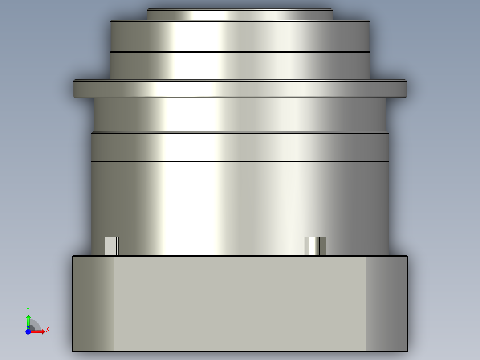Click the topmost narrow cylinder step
click(x=240, y=15)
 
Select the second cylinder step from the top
click(x=240, y=36)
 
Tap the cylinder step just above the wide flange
click(x=240, y=66)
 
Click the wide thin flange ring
click(x=240, y=88)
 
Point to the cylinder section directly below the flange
click(x=240, y=114)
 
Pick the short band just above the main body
click(x=240, y=147)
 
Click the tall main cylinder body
click(x=240, y=200)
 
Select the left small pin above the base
click(x=111, y=246)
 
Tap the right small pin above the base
click(x=314, y=246)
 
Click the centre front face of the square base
click(x=240, y=303)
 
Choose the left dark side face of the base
click(x=93, y=303)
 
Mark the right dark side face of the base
click(x=386, y=303)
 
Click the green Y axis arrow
click(x=28, y=320)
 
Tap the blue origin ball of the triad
click(x=28, y=331)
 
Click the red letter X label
click(x=47, y=330)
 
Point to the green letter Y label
click(x=28, y=309)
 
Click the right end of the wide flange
click(x=404, y=88)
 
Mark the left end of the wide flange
click(x=75, y=88)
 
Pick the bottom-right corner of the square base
click(x=407, y=350)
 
